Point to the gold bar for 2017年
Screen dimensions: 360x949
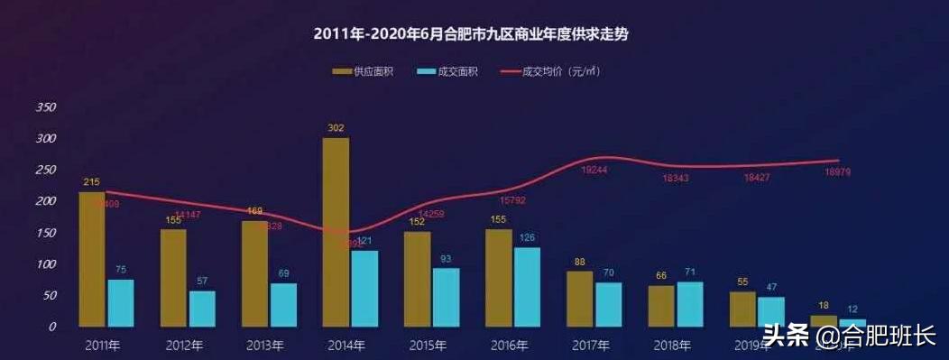(580, 299)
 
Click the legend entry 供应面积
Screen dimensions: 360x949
(364, 71)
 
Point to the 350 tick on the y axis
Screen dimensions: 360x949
(45, 107)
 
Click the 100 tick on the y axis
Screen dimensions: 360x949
(45, 264)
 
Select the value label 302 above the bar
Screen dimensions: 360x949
(336, 128)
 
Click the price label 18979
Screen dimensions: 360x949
(838, 172)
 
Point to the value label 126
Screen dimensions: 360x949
(527, 237)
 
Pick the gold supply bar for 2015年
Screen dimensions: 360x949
(417, 279)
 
